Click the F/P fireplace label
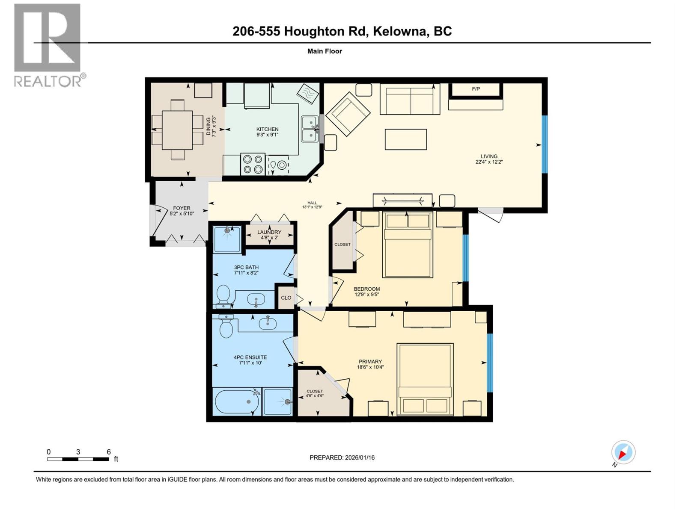point(476,89)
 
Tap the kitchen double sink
point(310,129)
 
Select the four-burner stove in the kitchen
point(253,164)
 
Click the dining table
point(177,130)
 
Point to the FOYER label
point(182,208)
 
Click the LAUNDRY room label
point(269,232)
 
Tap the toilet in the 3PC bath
point(223,295)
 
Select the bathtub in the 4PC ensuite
point(237,402)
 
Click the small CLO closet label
point(286,298)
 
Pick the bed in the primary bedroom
point(425,379)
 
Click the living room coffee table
point(405,139)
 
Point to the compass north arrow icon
point(623,452)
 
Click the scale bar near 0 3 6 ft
point(78,459)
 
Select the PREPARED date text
point(342,457)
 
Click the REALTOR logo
point(48,45)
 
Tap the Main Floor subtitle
point(325,51)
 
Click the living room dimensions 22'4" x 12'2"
point(488,162)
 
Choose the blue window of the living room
point(545,144)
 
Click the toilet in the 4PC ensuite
point(226,327)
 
